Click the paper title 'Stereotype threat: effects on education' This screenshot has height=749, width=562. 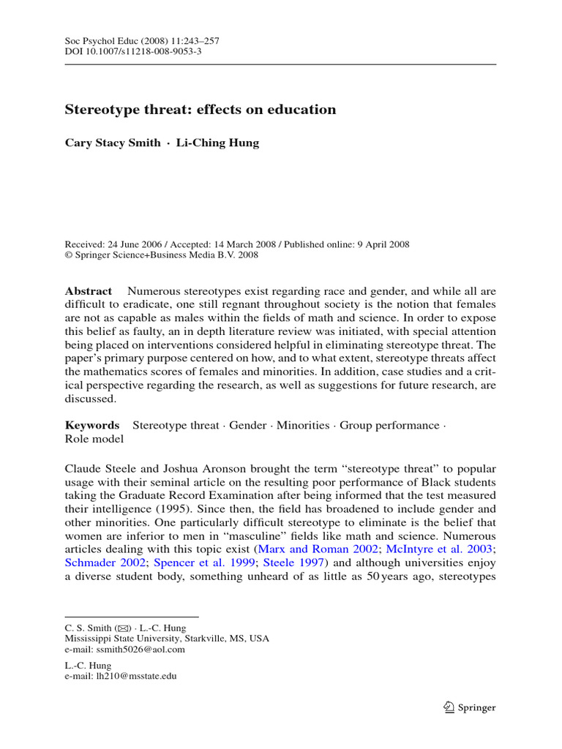[201, 110]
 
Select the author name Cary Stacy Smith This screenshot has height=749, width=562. [113, 143]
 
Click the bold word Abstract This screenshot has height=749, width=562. [89, 291]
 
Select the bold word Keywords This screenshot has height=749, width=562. [92, 425]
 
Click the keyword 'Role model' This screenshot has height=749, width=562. [94, 439]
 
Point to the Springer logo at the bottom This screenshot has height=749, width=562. [470, 707]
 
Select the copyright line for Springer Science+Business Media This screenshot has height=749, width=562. [161, 255]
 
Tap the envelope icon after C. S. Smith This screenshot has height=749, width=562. [124, 628]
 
